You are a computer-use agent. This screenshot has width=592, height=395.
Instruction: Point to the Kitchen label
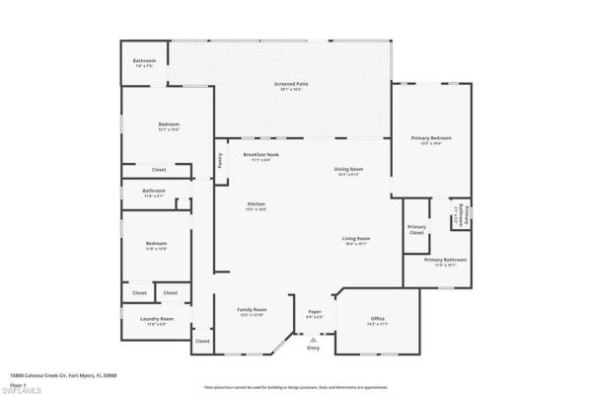point(256,204)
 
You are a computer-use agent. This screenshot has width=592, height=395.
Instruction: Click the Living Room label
point(356,239)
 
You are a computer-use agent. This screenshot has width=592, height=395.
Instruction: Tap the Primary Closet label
point(416,230)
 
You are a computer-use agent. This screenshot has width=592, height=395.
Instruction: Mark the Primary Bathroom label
point(446,260)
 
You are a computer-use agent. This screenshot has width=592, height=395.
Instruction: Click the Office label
point(377,318)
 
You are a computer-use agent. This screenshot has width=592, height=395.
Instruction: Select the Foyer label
point(315,312)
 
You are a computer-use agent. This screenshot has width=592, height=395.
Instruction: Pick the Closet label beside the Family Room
point(202,341)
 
